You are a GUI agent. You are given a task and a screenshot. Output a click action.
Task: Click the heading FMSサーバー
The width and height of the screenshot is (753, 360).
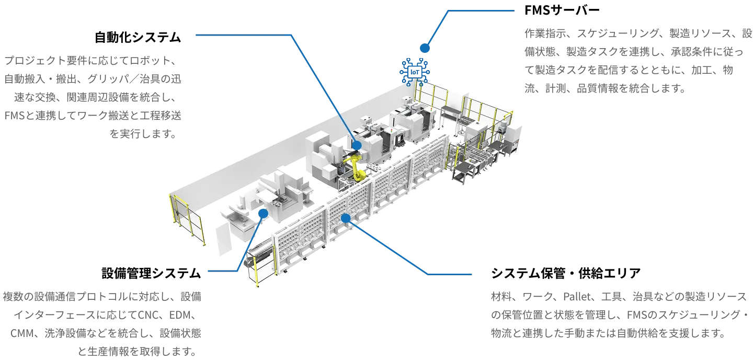click(x=562, y=10)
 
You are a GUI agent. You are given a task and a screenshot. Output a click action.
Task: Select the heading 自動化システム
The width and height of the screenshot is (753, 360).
click(x=138, y=37)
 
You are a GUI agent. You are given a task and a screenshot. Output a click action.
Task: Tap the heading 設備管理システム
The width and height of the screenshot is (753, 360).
click(x=151, y=273)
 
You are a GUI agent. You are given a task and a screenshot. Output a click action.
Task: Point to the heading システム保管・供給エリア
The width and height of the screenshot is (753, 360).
click(x=566, y=273)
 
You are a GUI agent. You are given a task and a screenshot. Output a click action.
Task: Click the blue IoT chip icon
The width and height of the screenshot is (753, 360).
click(x=415, y=72)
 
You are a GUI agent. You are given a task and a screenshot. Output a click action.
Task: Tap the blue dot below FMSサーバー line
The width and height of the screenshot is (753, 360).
click(x=425, y=48)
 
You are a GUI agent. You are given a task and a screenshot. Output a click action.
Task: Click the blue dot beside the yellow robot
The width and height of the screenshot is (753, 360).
click(x=357, y=145)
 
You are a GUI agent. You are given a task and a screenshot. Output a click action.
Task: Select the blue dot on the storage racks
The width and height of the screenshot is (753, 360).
click(x=346, y=218)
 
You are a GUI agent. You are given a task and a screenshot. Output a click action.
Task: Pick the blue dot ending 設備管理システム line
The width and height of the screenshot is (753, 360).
click(x=263, y=213)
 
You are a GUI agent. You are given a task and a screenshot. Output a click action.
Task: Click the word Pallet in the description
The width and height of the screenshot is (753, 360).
click(x=577, y=296)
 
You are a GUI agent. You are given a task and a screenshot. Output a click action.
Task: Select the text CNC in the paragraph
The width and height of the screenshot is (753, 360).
click(x=149, y=315)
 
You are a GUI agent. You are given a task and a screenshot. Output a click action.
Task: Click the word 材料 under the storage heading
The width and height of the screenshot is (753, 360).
click(x=501, y=296)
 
